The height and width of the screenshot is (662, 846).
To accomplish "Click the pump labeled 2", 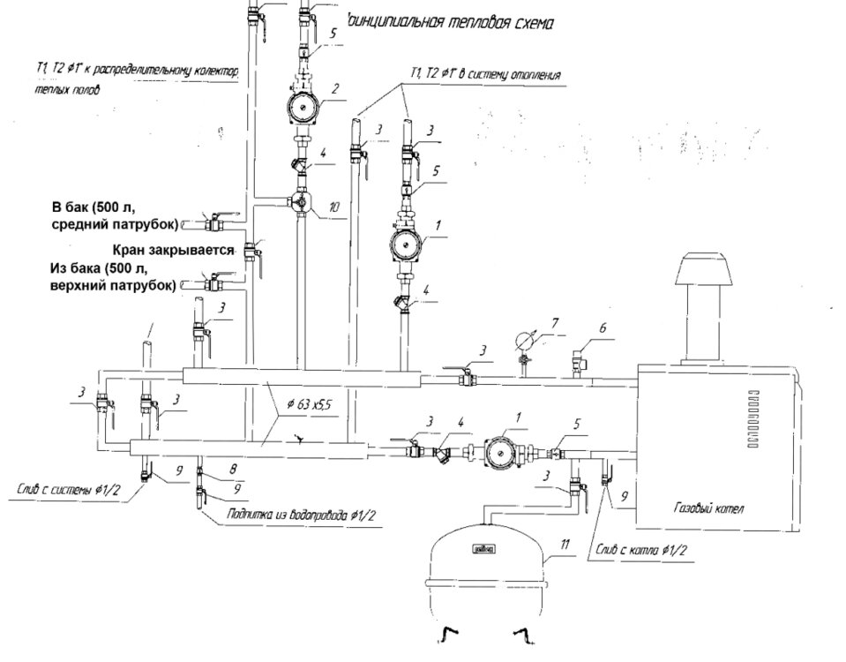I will (x=301, y=107).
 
